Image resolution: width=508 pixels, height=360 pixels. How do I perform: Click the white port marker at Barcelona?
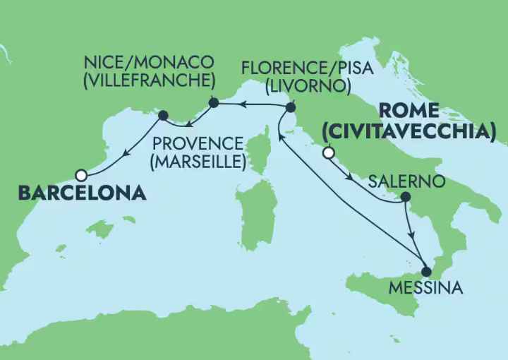point(81,174)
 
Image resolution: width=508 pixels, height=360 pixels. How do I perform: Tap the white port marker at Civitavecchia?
point(327,152)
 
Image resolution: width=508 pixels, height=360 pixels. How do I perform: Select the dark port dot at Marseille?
point(163,115)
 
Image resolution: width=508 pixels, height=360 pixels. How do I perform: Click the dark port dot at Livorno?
point(290,108)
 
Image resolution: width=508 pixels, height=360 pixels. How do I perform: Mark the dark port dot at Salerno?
point(405,199)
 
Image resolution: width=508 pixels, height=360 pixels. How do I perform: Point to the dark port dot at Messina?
point(425,270)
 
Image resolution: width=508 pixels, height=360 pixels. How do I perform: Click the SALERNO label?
point(407,181)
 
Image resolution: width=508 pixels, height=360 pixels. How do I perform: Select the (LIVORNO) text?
point(308,86)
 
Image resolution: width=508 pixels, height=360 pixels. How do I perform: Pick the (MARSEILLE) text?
point(198,161)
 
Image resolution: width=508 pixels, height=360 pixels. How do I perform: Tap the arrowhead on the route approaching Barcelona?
point(126,152)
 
